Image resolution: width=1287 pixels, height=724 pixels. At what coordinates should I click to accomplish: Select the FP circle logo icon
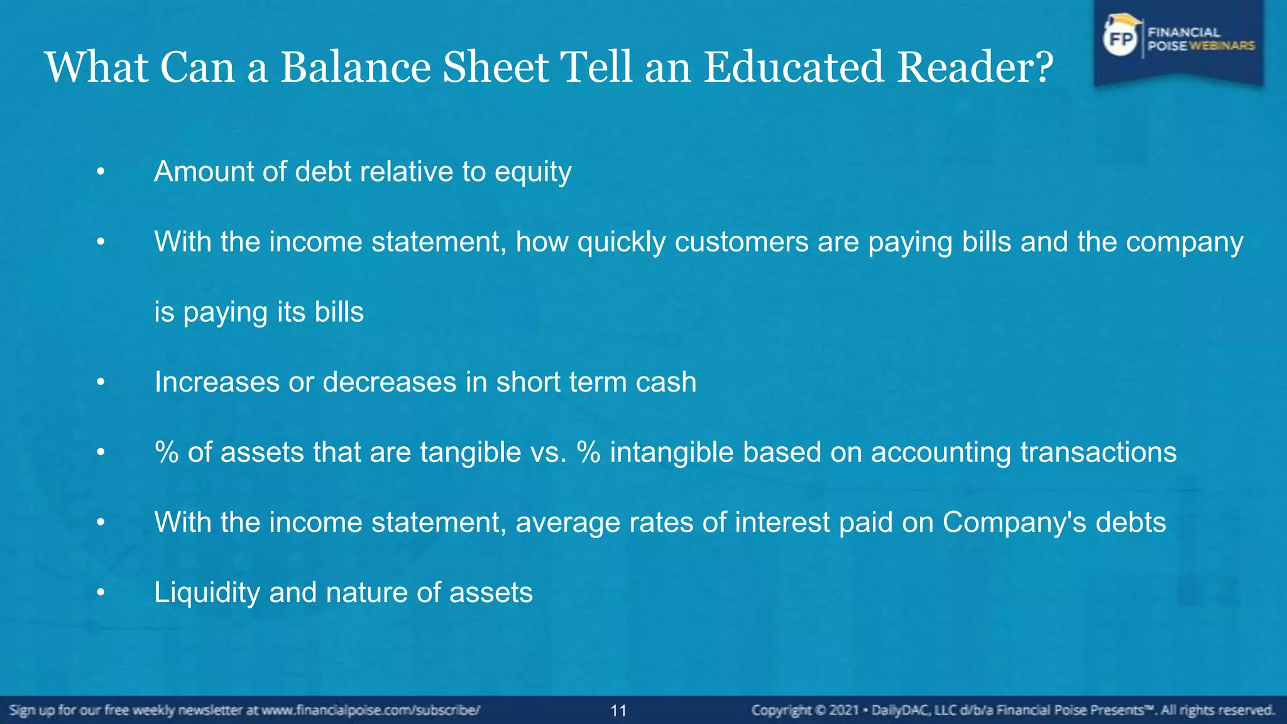click(x=1120, y=39)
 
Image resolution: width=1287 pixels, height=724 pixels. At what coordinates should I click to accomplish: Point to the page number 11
click(x=618, y=711)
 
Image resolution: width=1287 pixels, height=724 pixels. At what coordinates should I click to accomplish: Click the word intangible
click(x=672, y=452)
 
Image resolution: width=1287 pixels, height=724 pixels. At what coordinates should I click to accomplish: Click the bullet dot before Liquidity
click(x=101, y=593)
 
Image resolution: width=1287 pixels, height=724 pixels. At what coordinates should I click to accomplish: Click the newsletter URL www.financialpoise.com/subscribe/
click(x=371, y=711)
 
